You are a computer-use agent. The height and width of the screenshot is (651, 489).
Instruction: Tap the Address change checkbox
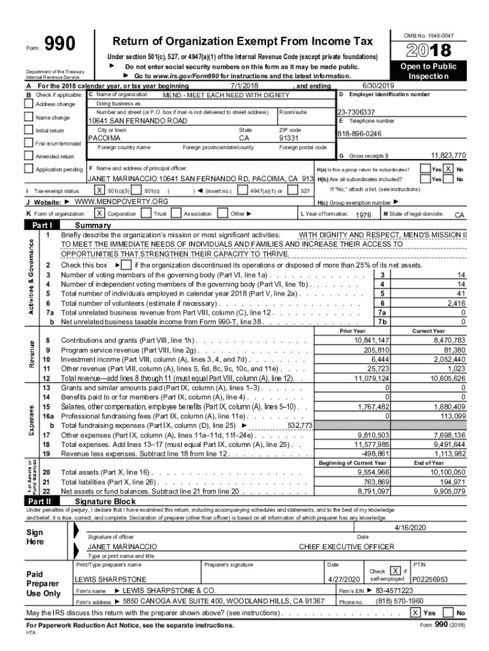29,104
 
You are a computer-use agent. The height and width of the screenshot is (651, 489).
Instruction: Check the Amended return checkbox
29,156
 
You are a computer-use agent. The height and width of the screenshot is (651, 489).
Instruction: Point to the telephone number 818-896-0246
360,134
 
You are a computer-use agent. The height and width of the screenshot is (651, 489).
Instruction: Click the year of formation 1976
363,215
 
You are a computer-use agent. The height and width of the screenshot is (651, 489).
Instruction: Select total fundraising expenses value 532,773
300,425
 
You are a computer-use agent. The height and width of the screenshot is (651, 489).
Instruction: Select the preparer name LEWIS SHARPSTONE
111,579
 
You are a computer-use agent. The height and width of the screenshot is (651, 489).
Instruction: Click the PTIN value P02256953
431,579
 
